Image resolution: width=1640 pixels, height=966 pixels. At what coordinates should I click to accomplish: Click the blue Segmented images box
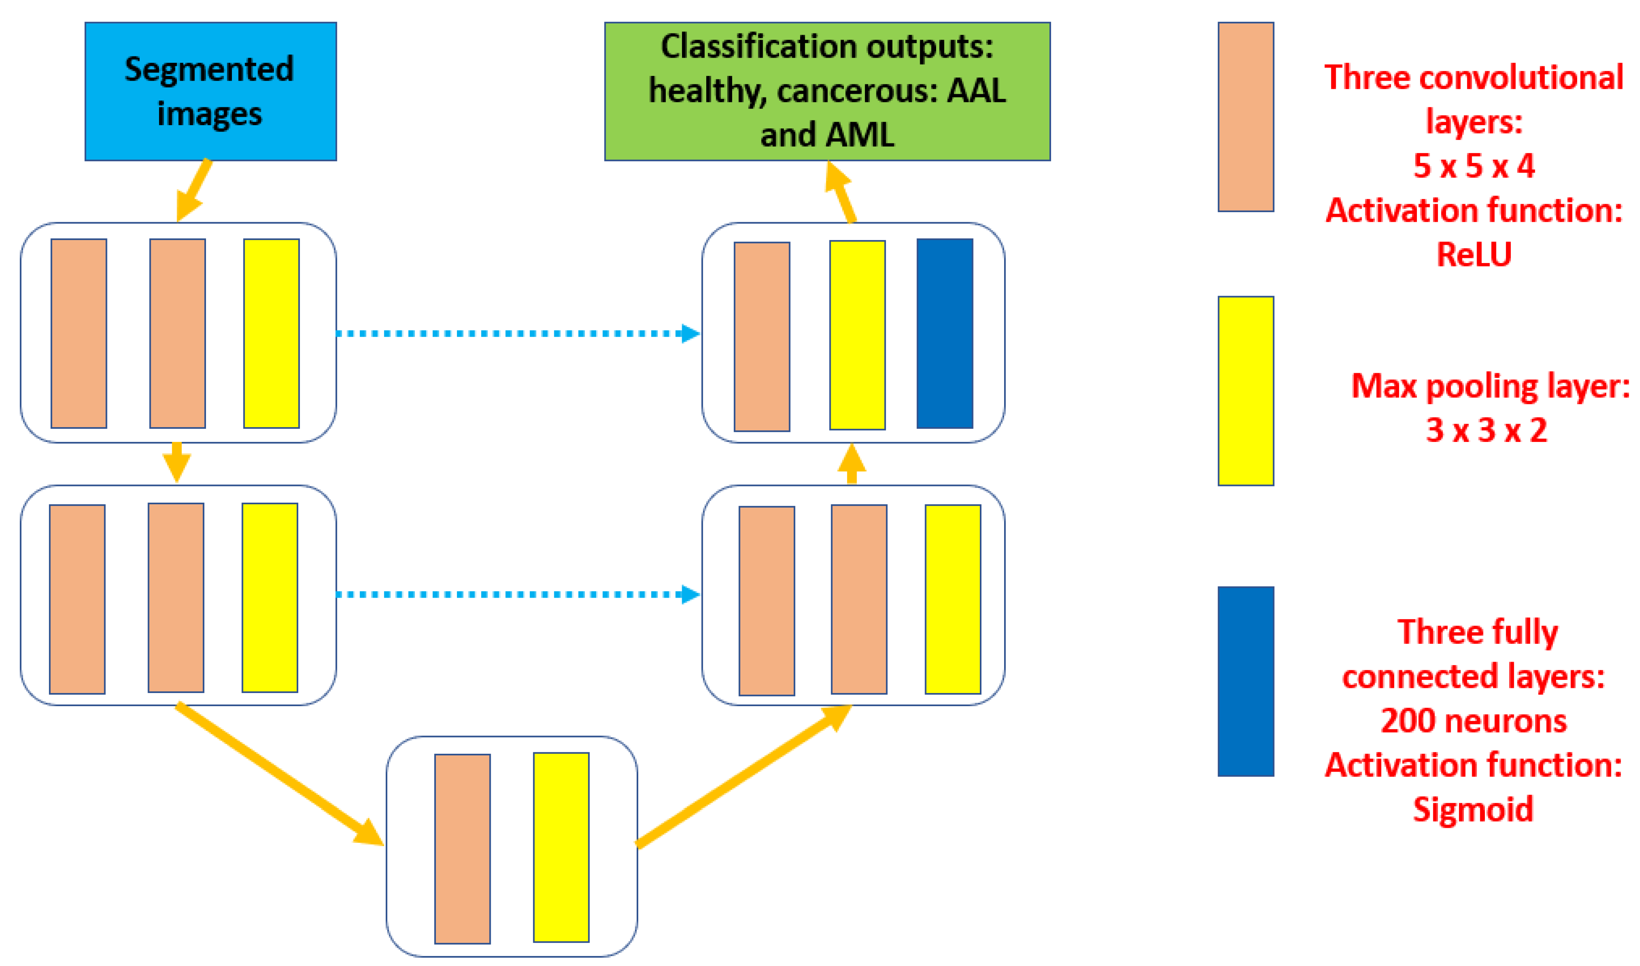[x=210, y=91]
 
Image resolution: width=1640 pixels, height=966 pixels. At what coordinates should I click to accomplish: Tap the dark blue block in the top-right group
[x=944, y=333]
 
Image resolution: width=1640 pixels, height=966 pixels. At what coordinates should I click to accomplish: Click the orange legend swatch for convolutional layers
[x=1245, y=117]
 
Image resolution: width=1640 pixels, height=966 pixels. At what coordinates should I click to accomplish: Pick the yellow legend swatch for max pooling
[x=1245, y=391]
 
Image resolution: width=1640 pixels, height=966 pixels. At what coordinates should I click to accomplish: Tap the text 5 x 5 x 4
[x=1473, y=166]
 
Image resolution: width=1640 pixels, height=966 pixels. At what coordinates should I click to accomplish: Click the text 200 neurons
[x=1473, y=720]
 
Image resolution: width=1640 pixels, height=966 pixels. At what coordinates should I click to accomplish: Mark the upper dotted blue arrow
[x=518, y=333]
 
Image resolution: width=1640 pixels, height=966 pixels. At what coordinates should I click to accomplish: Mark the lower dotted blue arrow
[x=518, y=594]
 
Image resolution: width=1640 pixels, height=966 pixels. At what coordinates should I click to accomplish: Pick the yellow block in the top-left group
[x=271, y=333]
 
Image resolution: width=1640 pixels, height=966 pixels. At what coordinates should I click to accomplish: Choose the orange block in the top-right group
[x=762, y=337]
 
